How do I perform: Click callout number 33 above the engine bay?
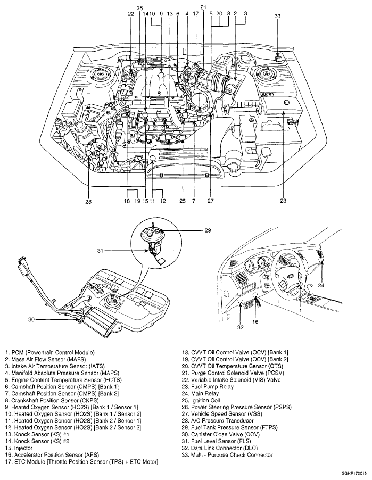[277, 16]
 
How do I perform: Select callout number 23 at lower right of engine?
[283, 201]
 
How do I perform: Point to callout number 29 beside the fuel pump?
[208, 231]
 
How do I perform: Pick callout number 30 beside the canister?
[32, 320]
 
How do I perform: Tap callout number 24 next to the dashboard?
[321, 285]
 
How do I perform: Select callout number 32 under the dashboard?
[240, 328]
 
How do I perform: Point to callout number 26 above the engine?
[139, 9]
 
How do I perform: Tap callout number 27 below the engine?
[210, 202]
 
